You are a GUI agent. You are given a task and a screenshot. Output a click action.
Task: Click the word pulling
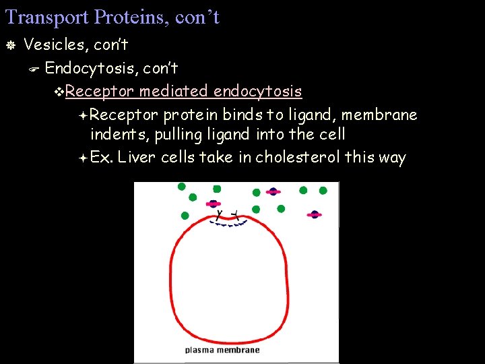click(x=178, y=135)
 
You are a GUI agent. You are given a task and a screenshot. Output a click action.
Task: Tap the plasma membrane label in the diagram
click(x=222, y=350)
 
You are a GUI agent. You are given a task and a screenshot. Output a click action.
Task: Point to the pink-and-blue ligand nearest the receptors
click(x=214, y=204)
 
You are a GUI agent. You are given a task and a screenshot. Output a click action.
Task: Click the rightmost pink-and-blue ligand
click(x=314, y=215)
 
